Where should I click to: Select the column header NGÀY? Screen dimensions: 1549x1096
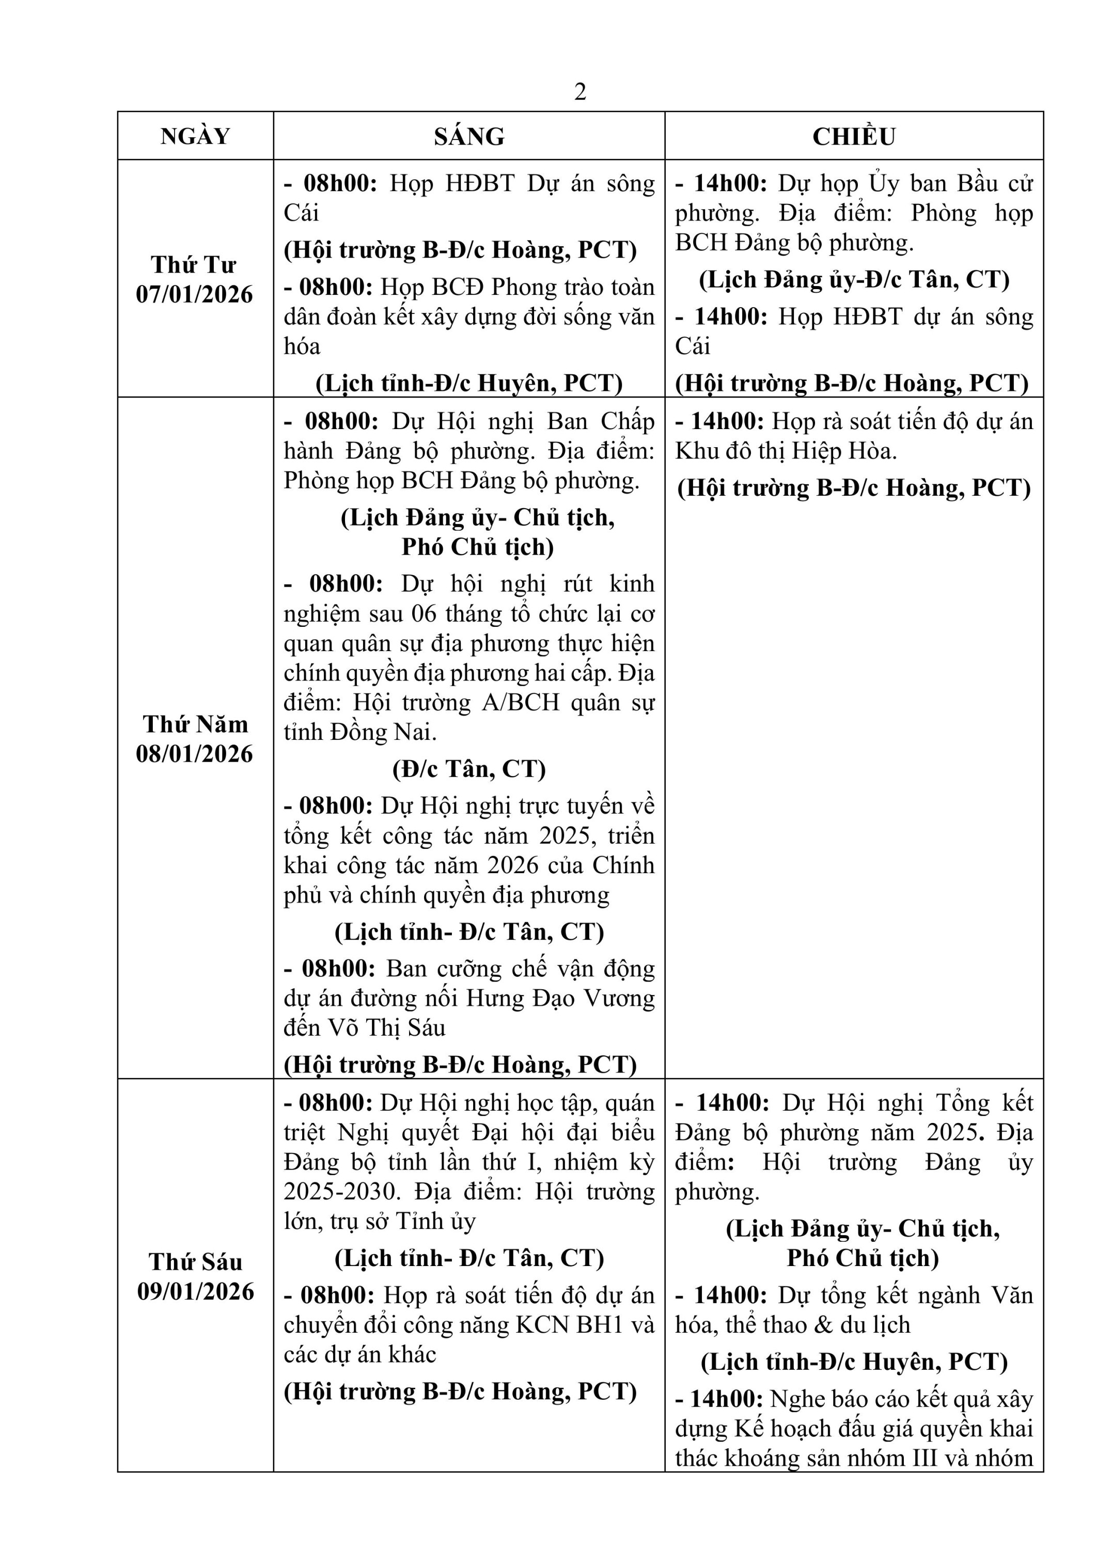pos(195,136)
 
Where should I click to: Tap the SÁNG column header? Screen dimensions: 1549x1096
pos(469,136)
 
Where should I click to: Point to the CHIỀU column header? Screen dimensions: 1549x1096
pos(854,136)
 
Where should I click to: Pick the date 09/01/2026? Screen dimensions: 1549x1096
pos(196,1291)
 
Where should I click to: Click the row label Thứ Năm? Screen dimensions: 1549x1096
pos(195,724)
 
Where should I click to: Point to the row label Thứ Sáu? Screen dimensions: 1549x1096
pos(195,1261)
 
